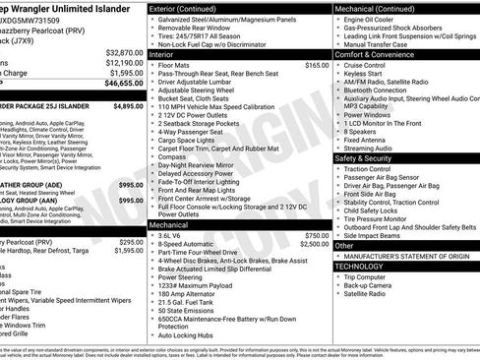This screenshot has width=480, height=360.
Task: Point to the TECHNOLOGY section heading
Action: point(360,266)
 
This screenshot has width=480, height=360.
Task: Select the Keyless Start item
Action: point(367,73)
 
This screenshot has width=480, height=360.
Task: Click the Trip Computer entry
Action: point(371,275)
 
